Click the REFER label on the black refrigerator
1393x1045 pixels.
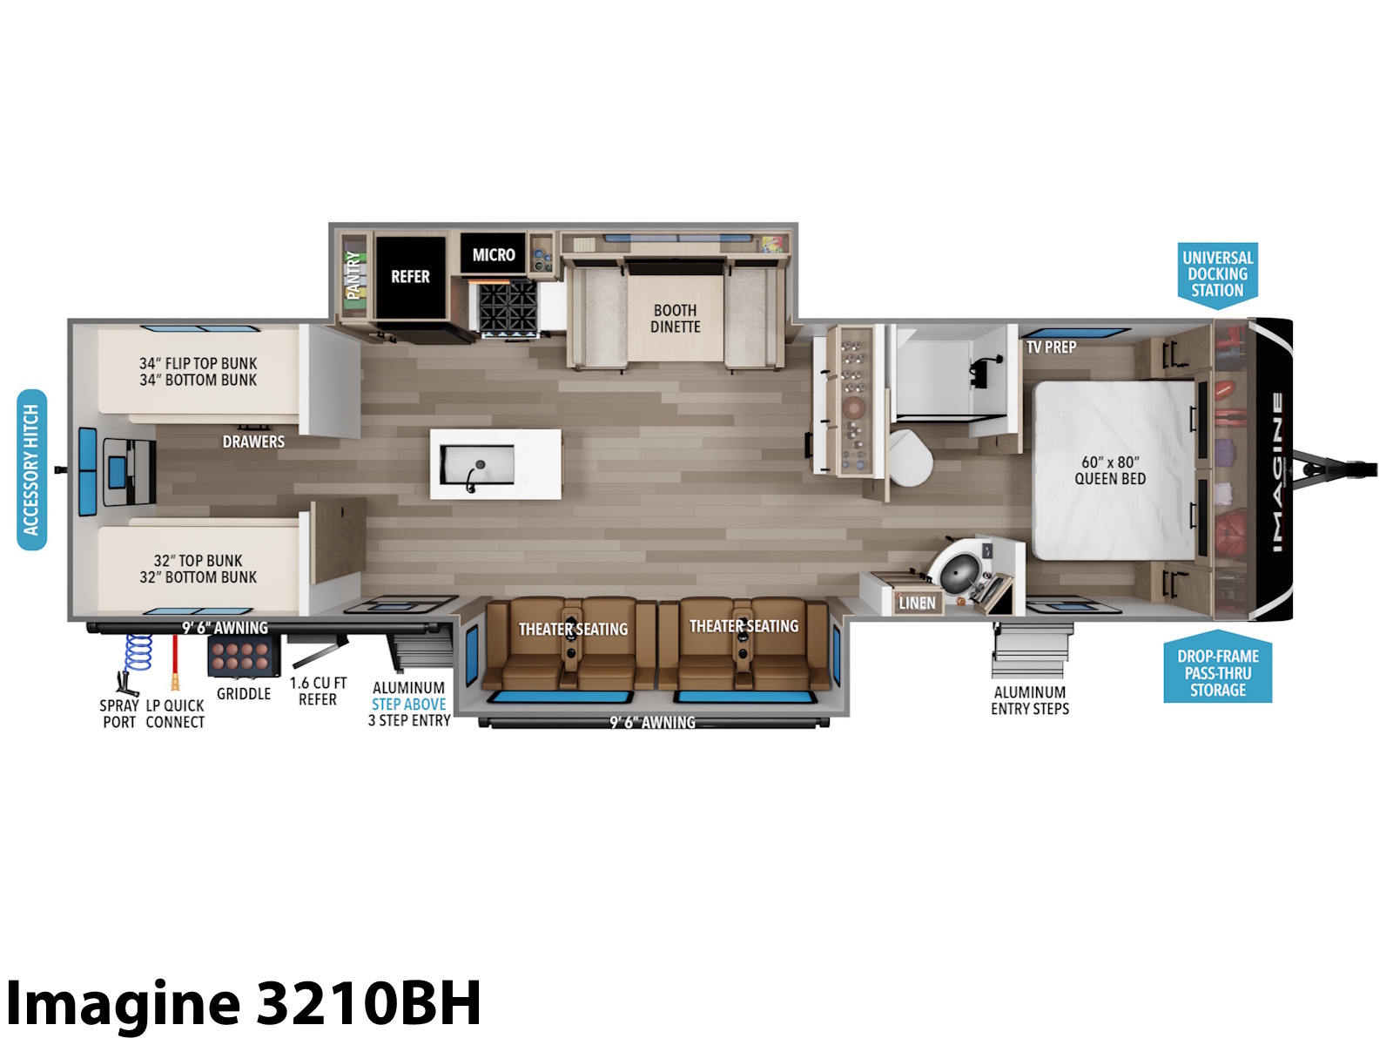410,277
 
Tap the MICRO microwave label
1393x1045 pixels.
493,255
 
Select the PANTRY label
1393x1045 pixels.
353,274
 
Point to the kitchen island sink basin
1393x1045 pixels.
477,464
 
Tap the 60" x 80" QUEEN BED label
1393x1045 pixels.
1110,470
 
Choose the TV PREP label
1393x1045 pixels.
1051,347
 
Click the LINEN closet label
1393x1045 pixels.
917,603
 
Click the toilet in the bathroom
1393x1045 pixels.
910,457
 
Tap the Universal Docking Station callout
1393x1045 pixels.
1217,274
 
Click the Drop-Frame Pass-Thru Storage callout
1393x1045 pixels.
1217,667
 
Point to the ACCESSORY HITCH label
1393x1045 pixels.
31,469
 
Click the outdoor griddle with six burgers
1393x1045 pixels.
244,657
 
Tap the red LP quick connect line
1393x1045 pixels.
175,660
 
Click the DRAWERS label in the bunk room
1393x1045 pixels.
253,442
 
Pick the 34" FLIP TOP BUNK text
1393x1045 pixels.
198,363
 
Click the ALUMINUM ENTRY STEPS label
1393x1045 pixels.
1029,700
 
